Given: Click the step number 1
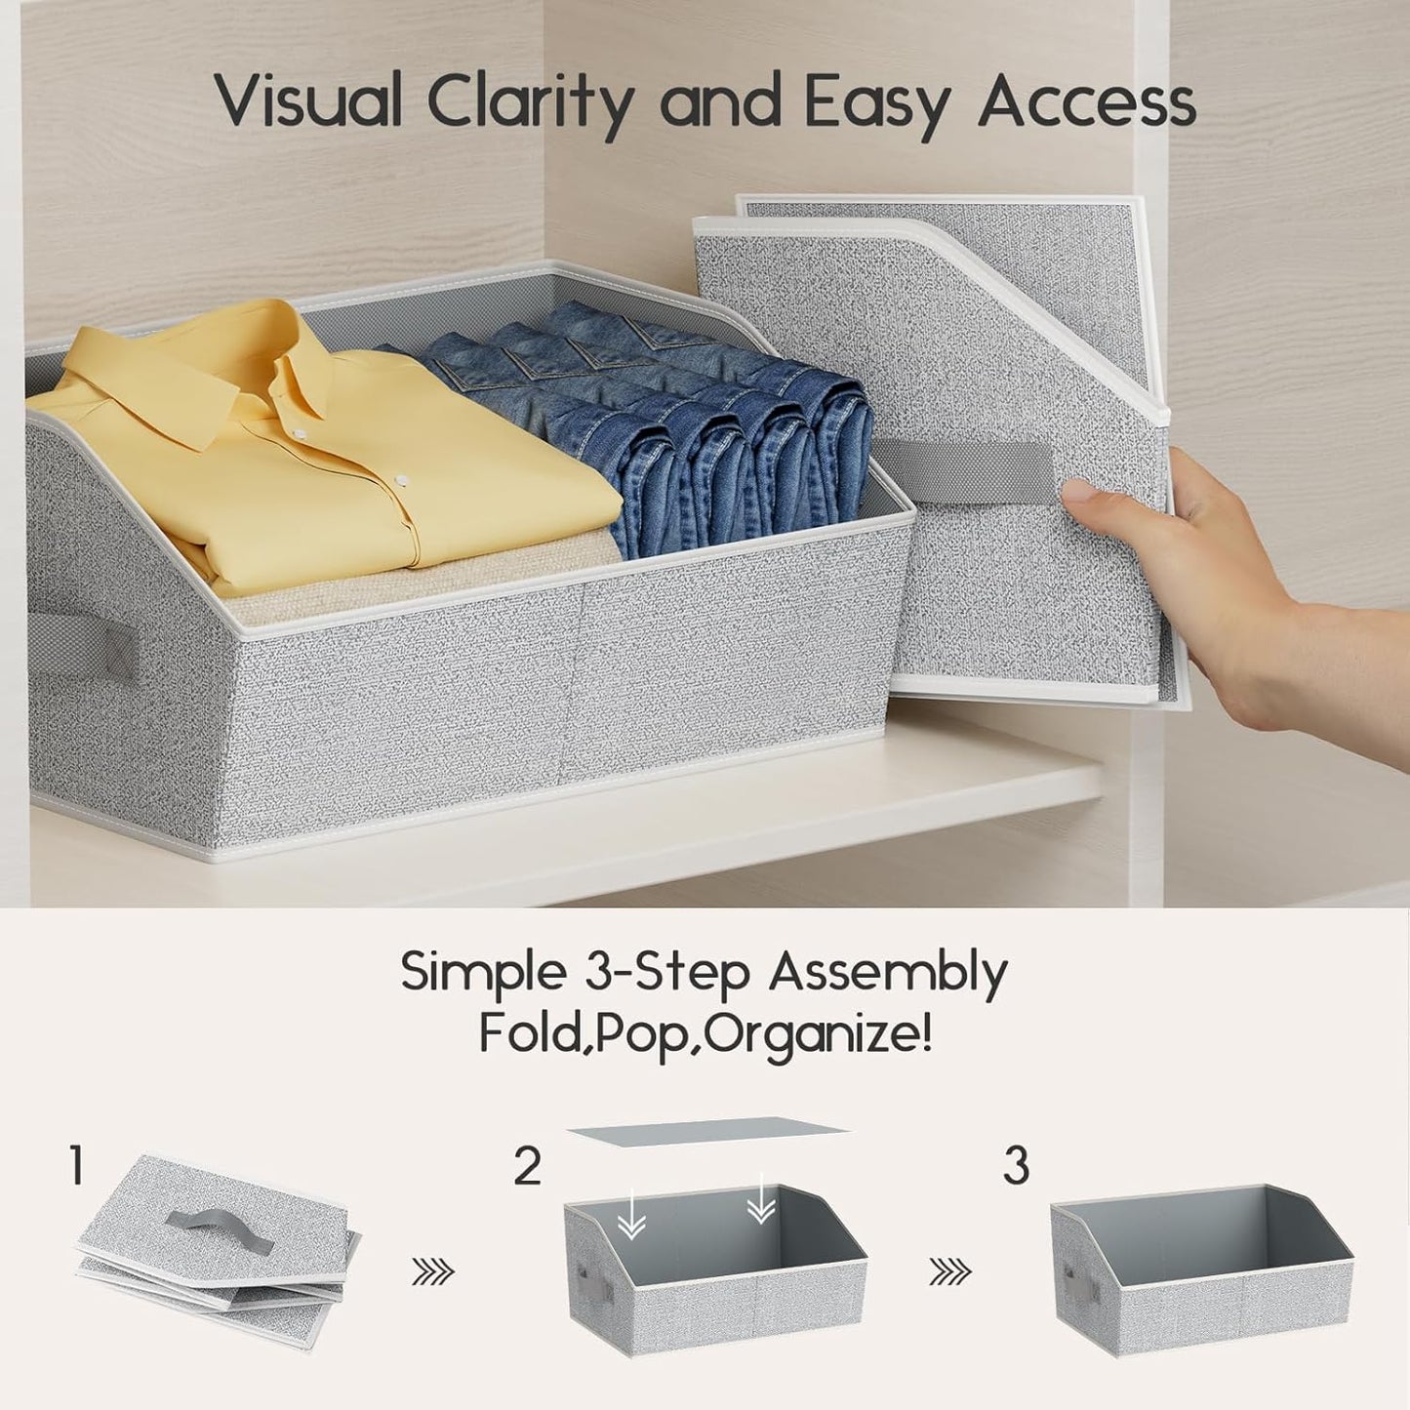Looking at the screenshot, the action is coord(76,1166).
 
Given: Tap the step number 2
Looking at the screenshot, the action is coord(528,1166).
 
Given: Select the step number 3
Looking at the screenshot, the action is coord(1017,1166).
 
